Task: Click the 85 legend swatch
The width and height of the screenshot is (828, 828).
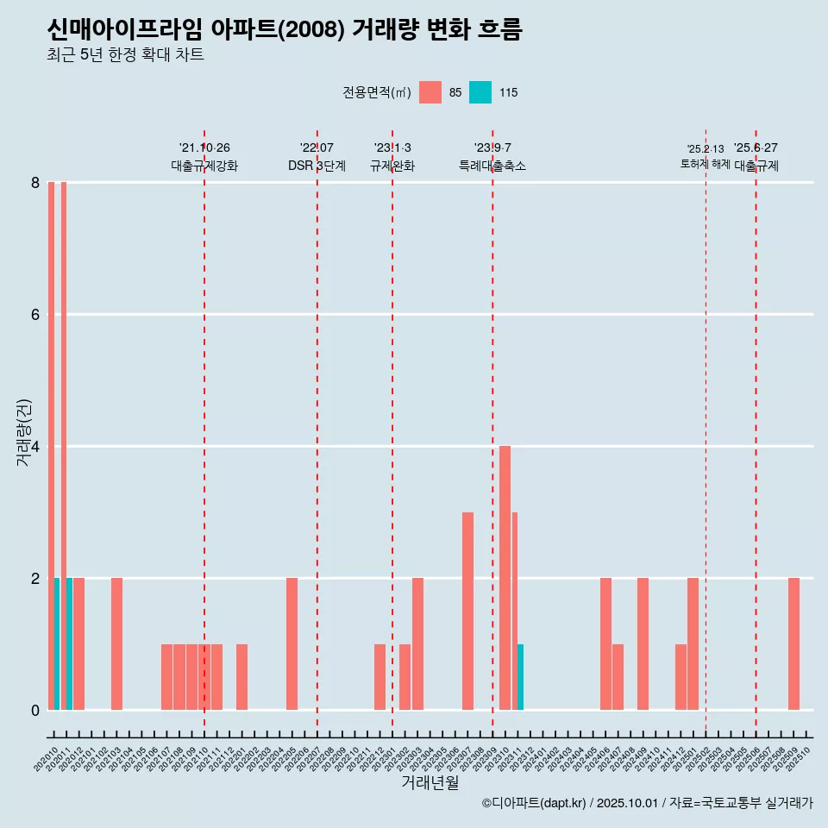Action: click(x=430, y=92)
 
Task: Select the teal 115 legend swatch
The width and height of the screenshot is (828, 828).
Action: click(x=480, y=92)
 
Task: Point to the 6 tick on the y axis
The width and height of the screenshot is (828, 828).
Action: click(x=35, y=315)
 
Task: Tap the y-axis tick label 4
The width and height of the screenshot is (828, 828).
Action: click(x=35, y=447)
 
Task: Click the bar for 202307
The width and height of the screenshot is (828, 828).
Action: click(x=467, y=611)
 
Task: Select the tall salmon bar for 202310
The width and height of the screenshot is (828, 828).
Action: click(x=505, y=578)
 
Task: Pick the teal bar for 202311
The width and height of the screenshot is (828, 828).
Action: click(x=520, y=677)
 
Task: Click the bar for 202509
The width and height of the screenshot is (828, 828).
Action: click(x=793, y=643)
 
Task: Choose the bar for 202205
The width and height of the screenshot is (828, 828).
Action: click(x=292, y=643)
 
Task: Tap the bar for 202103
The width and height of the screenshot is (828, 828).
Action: click(x=116, y=643)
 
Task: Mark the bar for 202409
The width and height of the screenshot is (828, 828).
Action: click(x=643, y=643)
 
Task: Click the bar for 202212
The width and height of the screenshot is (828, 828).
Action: click(x=379, y=677)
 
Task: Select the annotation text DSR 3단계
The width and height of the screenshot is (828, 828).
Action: click(x=317, y=166)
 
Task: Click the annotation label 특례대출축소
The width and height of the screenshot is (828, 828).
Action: click(x=492, y=166)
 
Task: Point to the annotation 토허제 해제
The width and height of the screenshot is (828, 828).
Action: click(x=705, y=164)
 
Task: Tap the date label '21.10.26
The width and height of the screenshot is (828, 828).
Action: click(x=204, y=147)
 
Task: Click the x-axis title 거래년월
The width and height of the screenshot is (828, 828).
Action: click(x=430, y=782)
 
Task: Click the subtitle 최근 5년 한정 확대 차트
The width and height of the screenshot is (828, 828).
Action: click(x=125, y=55)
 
